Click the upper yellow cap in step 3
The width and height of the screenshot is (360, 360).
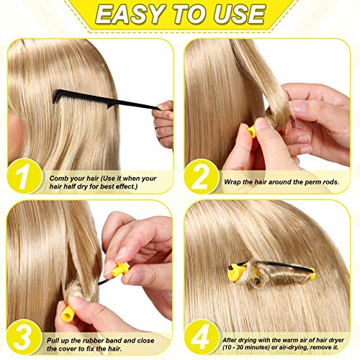pyautogui.click(x=119, y=269)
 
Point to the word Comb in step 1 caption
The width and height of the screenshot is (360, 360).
pyautogui.click(x=60, y=176)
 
